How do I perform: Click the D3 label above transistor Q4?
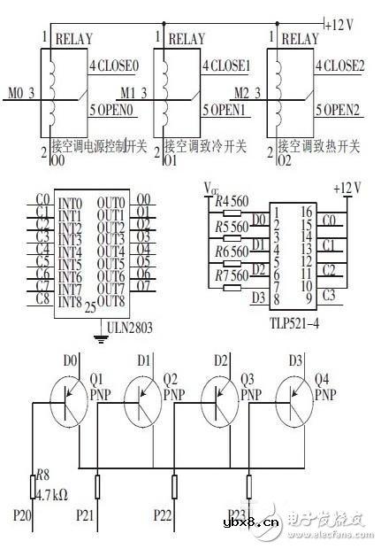coord(293,360)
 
